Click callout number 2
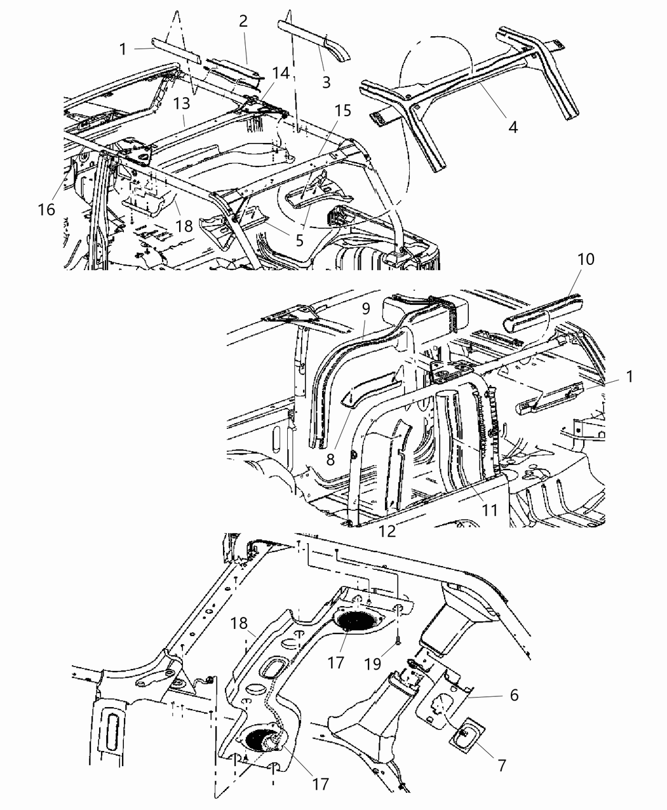point(243,21)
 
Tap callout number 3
point(326,82)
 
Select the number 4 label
point(513,127)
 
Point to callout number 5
point(298,241)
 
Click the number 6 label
point(514,695)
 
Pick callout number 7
point(501,766)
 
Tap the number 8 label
point(330,459)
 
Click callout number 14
point(280,73)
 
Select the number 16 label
point(46,209)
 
